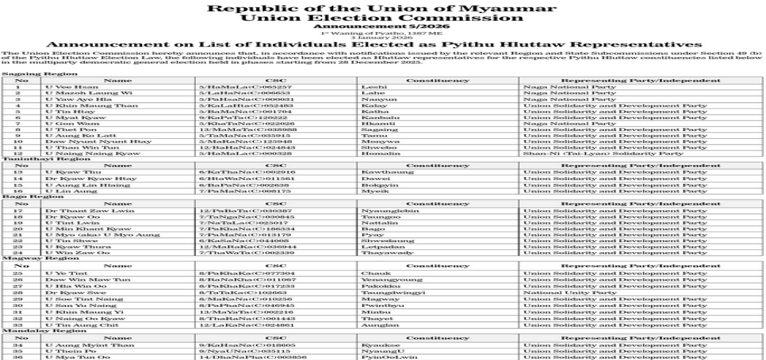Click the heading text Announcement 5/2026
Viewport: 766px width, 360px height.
click(382, 27)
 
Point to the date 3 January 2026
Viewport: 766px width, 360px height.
click(382, 37)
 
